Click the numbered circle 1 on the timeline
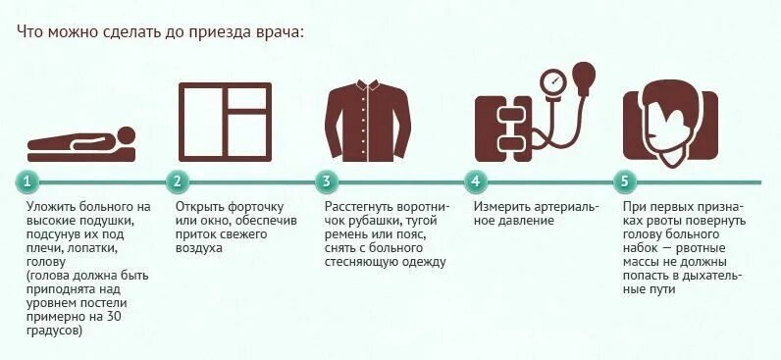pos(28,181)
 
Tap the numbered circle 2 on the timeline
pos(178,181)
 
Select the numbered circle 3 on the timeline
pos(327,181)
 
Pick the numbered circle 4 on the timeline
pos(476,181)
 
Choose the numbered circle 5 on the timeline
pos(625,181)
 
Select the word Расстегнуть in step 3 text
pos(365,208)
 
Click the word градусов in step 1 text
pos(56,332)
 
